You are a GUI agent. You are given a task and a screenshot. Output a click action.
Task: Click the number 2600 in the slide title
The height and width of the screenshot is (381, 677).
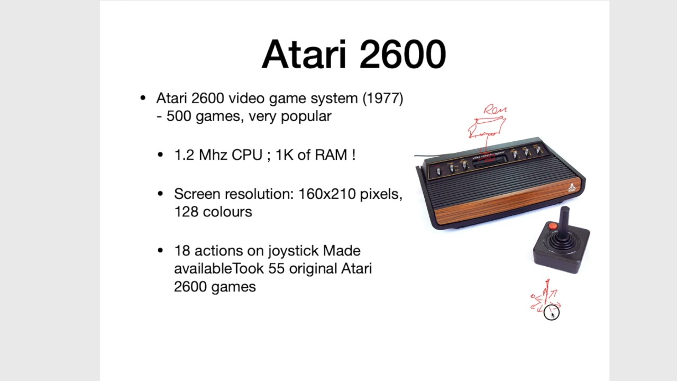point(402,55)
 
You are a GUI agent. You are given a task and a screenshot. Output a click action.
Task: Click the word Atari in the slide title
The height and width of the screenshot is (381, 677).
point(304,55)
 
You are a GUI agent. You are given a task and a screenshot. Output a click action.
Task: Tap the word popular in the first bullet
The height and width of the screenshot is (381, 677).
point(306,116)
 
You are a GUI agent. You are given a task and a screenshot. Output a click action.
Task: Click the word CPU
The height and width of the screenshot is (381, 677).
point(247,155)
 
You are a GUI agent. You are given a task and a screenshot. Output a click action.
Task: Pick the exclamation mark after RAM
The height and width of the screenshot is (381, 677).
point(353,155)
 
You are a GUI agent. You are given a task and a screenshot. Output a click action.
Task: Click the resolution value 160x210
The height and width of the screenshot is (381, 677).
point(327,194)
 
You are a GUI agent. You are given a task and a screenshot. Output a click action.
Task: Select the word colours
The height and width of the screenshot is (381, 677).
point(227,212)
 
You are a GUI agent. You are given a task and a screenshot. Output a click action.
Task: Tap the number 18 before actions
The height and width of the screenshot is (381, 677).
point(182,251)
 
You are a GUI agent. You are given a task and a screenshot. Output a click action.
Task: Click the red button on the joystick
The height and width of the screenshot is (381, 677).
point(553,226)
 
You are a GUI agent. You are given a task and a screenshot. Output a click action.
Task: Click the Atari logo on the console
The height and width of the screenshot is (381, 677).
point(572,187)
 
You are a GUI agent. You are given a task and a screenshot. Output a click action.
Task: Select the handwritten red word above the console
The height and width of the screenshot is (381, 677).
point(495,110)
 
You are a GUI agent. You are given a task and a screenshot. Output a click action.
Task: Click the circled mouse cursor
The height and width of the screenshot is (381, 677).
point(551,312)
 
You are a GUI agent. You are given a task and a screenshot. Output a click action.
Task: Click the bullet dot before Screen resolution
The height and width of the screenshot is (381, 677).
point(160,194)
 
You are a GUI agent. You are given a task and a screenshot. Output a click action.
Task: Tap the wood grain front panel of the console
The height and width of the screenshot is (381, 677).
point(508,202)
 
